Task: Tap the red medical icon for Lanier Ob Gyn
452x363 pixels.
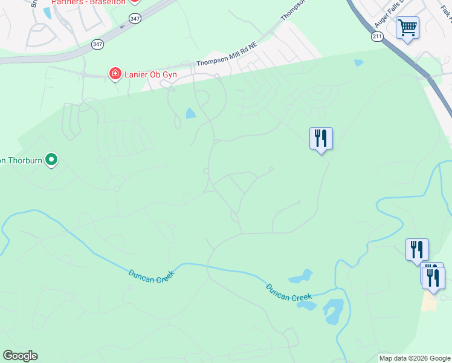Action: tap(115, 74)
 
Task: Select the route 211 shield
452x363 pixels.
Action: tap(378, 37)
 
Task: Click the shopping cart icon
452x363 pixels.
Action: tap(408, 27)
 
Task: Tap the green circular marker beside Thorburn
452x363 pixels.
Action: tap(52, 160)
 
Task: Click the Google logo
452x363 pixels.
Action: tap(20, 355)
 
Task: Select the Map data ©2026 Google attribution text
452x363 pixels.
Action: tap(415, 359)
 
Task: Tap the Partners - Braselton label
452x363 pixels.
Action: tap(88, 2)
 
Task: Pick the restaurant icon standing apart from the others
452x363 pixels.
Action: tap(321, 139)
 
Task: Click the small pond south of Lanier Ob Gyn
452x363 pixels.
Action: tap(191, 113)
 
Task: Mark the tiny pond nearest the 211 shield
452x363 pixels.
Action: tap(359, 62)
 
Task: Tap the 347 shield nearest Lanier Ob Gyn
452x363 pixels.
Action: tap(97, 44)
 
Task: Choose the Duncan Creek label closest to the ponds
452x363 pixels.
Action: tap(289, 292)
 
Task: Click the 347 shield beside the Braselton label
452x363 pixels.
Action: tap(134, 16)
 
